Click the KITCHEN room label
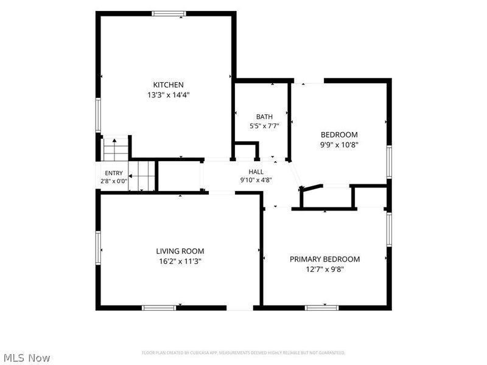[x=169, y=85]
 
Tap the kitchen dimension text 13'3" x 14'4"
[x=169, y=95]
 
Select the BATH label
[x=264, y=117]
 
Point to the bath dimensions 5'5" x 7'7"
[x=264, y=126]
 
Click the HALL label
[x=256, y=172]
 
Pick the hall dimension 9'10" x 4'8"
[x=256, y=180]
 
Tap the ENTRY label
[x=114, y=173]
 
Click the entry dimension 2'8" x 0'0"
[x=114, y=181]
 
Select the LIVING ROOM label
[x=180, y=251]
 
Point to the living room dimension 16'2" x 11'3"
[x=180, y=262]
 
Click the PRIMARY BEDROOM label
[x=325, y=259]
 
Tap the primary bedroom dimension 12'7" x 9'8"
[x=325, y=269]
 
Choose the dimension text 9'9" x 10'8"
[x=339, y=145]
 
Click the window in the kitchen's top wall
[x=169, y=13]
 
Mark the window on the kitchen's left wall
[x=98, y=115]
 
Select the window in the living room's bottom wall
[x=159, y=308]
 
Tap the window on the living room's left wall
[x=98, y=248]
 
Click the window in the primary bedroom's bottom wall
[x=322, y=308]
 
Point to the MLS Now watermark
[x=25, y=358]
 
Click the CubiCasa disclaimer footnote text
[x=243, y=353]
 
